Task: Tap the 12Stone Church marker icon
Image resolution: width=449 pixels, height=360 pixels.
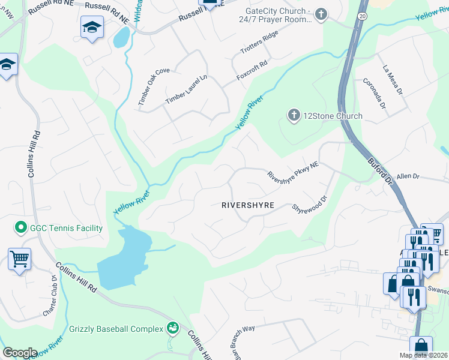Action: (x=294, y=115)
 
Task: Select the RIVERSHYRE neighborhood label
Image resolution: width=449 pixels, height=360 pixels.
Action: (x=248, y=205)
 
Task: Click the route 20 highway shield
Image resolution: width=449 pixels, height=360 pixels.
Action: (x=363, y=14)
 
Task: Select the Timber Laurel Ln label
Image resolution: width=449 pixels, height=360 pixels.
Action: (x=186, y=89)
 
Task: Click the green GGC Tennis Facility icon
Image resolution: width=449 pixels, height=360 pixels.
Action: (x=20, y=228)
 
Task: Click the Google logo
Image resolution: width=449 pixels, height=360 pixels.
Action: (x=20, y=353)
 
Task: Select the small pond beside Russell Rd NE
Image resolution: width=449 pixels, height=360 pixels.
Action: (x=120, y=38)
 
